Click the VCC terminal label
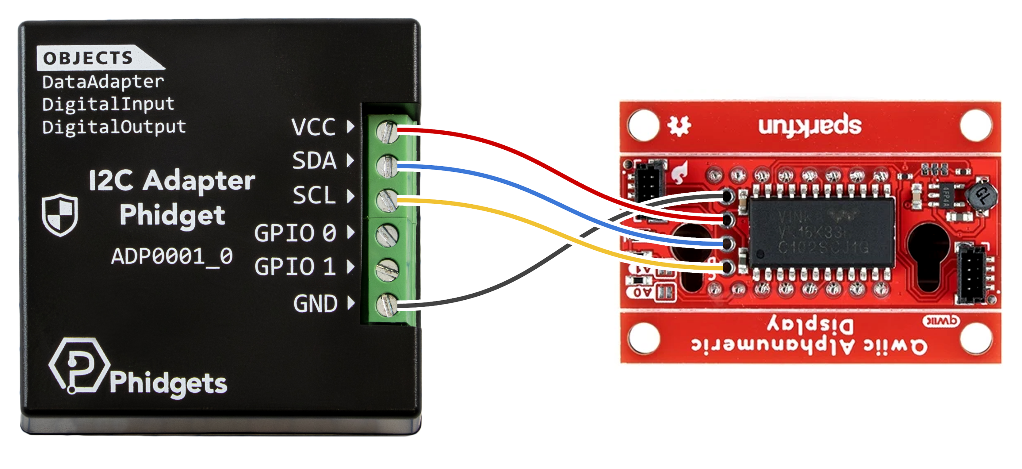pos(313,127)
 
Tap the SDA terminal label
pos(314,161)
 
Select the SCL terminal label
pos(314,195)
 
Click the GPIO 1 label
pos(295,266)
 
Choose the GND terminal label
pos(316,304)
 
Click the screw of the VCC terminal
pos(387,132)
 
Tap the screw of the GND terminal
pos(387,305)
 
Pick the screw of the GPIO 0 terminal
pos(387,235)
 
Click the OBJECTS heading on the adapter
pos(88,58)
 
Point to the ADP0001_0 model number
pos(172,256)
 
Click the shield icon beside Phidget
pos(60,215)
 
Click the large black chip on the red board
pos(821,232)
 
